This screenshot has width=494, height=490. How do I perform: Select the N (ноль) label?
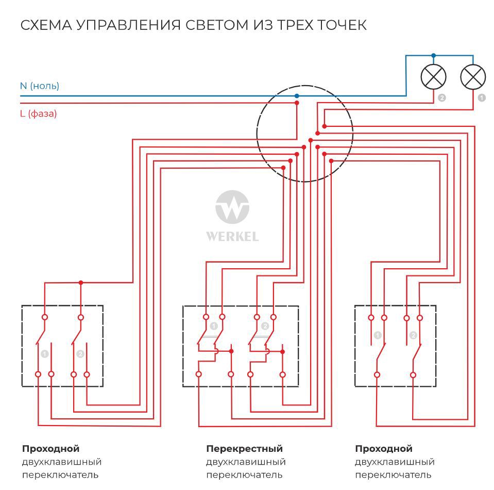(40, 86)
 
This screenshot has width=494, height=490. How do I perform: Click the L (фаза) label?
(39, 113)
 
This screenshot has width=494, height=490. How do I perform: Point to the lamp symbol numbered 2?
(433, 77)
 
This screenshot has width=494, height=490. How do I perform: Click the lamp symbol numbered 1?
(473, 77)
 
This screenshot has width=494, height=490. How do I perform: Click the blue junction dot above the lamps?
(433, 55)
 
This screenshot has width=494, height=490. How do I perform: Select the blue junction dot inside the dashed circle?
(297, 96)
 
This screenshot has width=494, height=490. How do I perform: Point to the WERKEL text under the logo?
(232, 237)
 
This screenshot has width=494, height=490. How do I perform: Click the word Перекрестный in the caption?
(244, 449)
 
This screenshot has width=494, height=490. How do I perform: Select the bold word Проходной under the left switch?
(50, 449)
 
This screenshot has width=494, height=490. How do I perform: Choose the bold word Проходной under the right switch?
(384, 449)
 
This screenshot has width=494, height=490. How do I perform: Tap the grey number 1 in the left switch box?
(45, 354)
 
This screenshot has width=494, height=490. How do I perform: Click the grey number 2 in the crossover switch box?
(265, 326)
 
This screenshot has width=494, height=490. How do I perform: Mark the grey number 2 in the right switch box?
(413, 336)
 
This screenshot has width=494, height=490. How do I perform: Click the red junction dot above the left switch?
(80, 283)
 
